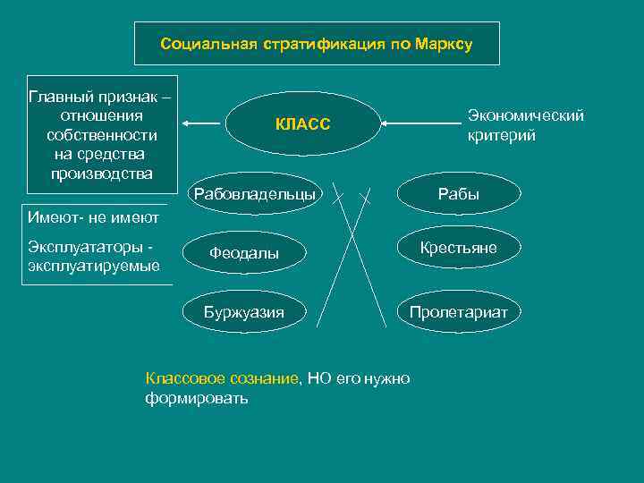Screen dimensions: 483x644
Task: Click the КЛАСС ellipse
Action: click(x=303, y=124)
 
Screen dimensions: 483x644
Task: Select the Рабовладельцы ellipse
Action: click(x=254, y=193)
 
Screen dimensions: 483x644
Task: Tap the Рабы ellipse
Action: click(x=458, y=193)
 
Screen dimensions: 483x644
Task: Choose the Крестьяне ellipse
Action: click(x=458, y=249)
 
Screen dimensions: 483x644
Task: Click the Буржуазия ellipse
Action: click(x=244, y=312)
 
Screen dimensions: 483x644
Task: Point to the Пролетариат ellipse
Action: click(x=458, y=312)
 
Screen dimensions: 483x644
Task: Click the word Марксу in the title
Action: click(x=444, y=44)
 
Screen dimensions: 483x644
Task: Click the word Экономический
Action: click(x=525, y=115)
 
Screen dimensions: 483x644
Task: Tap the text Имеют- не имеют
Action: click(x=93, y=217)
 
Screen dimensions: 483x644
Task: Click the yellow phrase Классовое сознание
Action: click(x=221, y=378)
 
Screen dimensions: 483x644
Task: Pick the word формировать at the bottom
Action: click(x=196, y=398)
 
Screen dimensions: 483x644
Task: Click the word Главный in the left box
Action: click(x=62, y=96)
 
